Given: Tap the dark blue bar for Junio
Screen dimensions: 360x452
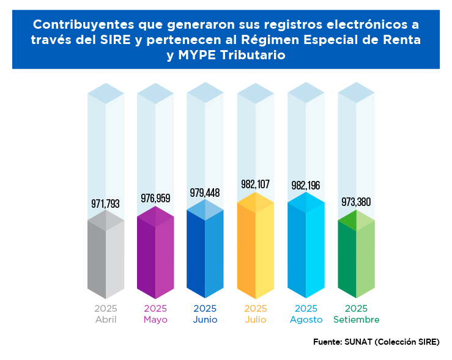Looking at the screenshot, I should click(x=205, y=251).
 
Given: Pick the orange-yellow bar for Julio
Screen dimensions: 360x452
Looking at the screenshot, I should click(x=255, y=248).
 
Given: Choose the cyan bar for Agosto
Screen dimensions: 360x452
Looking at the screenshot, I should click(x=306, y=248).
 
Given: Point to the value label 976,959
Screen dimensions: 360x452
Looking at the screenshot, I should click(x=155, y=198).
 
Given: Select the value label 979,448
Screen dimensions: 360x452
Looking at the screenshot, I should click(x=205, y=193).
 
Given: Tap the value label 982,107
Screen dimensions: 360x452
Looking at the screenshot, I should click(x=255, y=185).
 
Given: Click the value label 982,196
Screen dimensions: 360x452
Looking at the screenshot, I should click(x=306, y=185).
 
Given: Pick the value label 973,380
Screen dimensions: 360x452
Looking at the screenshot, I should click(x=356, y=202).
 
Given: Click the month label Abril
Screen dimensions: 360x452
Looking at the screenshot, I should click(x=106, y=320).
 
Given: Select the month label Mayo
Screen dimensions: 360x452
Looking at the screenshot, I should click(x=155, y=320).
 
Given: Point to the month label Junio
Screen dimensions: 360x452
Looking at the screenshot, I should click(x=205, y=320).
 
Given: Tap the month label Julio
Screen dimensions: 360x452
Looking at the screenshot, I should click(x=255, y=320).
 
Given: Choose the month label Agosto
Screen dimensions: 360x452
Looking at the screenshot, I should click(x=306, y=320).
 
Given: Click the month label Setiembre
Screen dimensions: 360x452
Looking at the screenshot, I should click(x=356, y=320).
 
